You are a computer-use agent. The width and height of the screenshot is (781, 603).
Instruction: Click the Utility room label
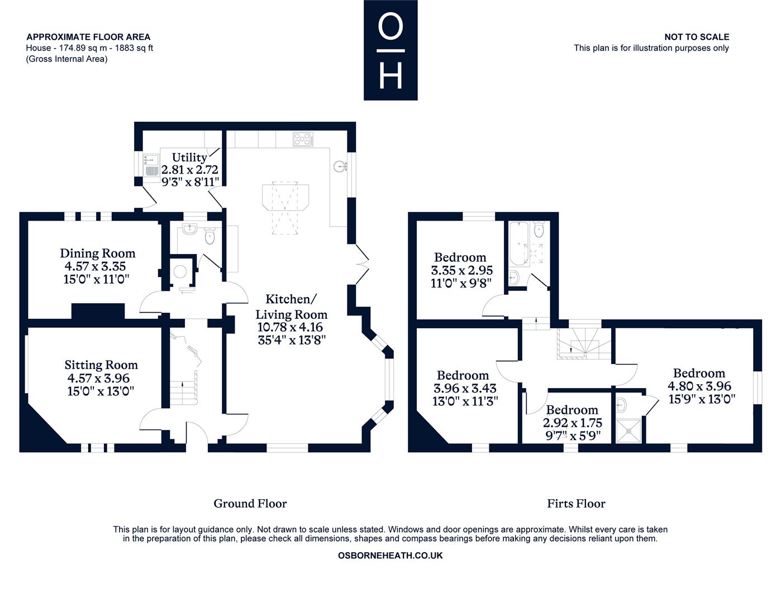(189, 157)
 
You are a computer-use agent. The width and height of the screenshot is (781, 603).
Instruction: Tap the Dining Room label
(98, 253)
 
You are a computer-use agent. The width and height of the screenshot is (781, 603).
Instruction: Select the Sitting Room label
(101, 365)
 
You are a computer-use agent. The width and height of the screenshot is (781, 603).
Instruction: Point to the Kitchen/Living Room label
(291, 307)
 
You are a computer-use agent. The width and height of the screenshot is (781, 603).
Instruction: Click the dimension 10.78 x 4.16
(291, 327)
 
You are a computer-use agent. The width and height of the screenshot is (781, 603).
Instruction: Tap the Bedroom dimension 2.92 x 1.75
(572, 423)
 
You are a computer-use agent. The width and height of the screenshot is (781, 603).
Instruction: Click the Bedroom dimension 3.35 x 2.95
(462, 270)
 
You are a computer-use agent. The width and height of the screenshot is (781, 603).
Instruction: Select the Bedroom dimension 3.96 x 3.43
(465, 388)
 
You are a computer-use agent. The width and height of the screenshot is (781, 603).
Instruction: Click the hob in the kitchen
(303, 140)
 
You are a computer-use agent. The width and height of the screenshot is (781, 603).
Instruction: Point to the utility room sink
(151, 165)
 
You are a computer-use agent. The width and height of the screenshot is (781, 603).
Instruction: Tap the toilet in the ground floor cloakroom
(209, 236)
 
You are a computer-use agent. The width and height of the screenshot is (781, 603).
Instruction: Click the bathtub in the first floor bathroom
(518, 243)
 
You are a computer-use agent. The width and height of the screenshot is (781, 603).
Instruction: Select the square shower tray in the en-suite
(628, 430)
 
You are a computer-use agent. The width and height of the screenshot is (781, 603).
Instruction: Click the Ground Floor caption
(250, 504)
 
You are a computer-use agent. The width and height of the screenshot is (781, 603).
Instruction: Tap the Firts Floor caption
(576, 504)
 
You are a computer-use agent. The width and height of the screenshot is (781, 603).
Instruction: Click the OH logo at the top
(390, 50)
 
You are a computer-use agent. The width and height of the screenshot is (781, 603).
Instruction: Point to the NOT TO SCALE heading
(697, 37)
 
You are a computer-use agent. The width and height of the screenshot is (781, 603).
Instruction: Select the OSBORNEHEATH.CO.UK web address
(390, 556)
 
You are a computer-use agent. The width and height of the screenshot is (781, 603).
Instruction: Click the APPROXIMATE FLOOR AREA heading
(88, 37)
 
